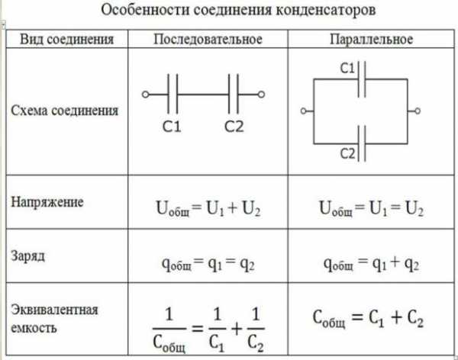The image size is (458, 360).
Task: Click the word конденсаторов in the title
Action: tap(325, 11)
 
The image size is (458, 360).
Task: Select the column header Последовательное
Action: tap(208, 40)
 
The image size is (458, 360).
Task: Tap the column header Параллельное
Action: tap(372, 40)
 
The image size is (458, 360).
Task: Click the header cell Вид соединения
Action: tap(66, 40)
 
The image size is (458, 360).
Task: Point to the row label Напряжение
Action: tap(47, 202)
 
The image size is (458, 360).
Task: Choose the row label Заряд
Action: tap(28, 256)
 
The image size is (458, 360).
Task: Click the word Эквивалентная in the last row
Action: tap(54, 310)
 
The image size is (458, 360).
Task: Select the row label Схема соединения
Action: tap(65, 111)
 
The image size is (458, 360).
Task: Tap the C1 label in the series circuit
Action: tap(172, 127)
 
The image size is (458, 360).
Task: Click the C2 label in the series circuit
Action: tap(234, 127)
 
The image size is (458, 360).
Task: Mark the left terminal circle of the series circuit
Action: tap(145, 95)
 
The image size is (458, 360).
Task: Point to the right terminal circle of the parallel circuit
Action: tap(418, 111)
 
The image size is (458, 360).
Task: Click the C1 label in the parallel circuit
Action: tap(347, 69)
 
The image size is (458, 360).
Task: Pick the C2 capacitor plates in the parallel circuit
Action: tap(362, 143)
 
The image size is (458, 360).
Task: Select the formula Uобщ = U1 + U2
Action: tap(208, 209)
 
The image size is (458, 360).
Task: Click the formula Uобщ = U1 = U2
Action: tap(371, 209)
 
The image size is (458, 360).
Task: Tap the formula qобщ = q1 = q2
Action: tap(208, 264)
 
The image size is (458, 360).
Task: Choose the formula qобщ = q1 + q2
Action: tap(371, 264)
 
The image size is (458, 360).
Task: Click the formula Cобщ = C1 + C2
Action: tap(368, 319)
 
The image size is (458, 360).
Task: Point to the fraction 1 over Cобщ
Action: tap(169, 329)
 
